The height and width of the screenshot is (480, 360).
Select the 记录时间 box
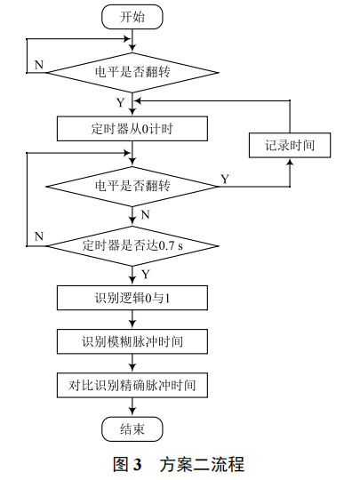(x=290, y=144)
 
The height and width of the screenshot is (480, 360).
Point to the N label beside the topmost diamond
(x=38, y=66)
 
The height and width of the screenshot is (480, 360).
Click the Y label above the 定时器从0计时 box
(x=120, y=102)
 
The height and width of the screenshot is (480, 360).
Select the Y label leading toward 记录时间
(x=224, y=179)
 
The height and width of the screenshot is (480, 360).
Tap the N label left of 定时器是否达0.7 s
(x=38, y=235)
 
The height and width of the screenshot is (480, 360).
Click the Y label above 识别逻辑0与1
(x=145, y=273)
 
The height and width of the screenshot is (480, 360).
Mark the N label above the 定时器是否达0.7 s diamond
(x=145, y=214)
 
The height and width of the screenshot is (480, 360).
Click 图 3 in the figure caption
(x=128, y=463)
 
